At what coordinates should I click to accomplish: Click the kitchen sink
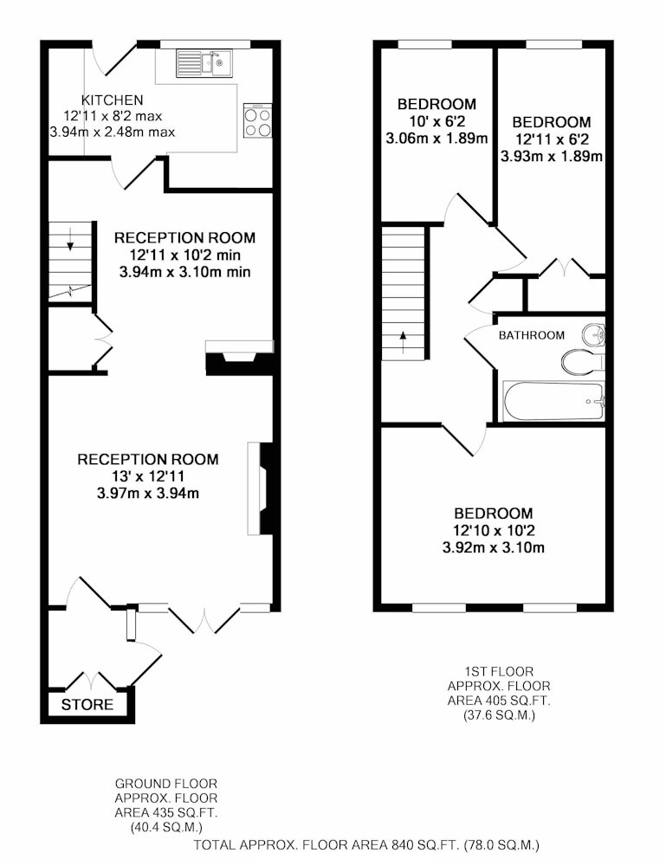(x=205, y=63)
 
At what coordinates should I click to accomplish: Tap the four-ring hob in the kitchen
(x=258, y=121)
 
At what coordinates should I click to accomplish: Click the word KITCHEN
(x=112, y=100)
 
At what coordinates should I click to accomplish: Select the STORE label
(x=87, y=705)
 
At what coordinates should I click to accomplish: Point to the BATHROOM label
(x=531, y=335)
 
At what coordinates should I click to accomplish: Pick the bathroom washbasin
(x=593, y=334)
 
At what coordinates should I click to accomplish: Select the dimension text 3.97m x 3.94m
(x=147, y=494)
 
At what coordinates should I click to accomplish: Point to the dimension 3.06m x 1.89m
(x=436, y=138)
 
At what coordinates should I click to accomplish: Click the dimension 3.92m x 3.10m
(x=493, y=548)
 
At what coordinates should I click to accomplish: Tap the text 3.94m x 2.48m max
(x=112, y=132)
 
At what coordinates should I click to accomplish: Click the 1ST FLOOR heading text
(x=499, y=672)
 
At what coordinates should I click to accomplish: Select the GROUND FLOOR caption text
(x=166, y=784)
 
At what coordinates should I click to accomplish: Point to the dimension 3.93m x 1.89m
(x=551, y=156)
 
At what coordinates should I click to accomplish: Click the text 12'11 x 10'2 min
(x=185, y=255)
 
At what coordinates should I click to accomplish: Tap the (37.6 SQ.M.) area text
(x=499, y=716)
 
